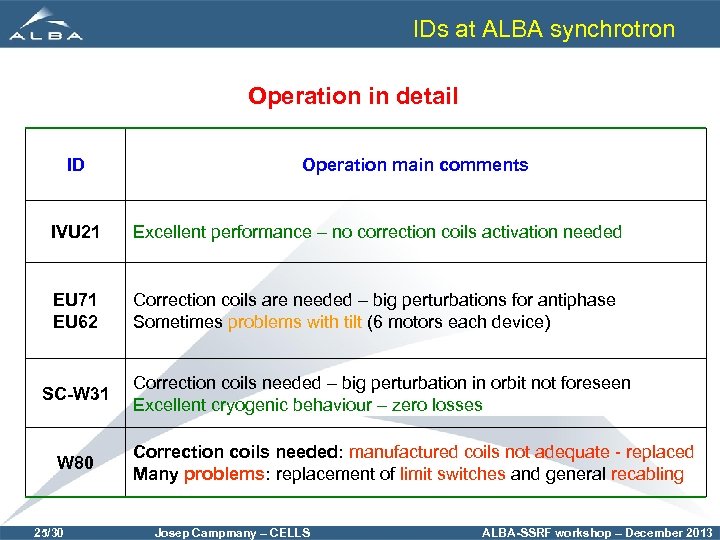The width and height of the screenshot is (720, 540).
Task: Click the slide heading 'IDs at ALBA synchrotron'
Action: pyautogui.click(x=544, y=29)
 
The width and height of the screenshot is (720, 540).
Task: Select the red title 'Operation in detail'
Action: pyautogui.click(x=353, y=97)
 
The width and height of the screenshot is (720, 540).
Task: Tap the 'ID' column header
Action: pyautogui.click(x=75, y=165)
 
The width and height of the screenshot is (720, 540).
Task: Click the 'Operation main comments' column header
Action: pyautogui.click(x=415, y=165)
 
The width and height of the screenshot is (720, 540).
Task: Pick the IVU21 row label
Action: pyautogui.click(x=75, y=232)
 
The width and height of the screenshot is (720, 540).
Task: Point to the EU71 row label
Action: pyautogui.click(x=75, y=300)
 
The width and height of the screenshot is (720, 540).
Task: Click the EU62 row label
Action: pyautogui.click(x=75, y=321)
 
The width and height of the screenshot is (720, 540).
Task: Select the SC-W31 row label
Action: pyautogui.click(x=75, y=394)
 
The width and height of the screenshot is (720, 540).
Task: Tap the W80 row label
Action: pyautogui.click(x=75, y=463)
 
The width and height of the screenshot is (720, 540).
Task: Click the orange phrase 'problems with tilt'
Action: pyautogui.click(x=294, y=321)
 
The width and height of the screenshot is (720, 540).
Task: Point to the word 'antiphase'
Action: pyautogui.click(x=579, y=300)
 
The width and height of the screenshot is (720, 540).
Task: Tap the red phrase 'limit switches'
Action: pyautogui.click(x=452, y=474)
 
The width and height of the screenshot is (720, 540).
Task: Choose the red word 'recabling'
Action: pyautogui.click(x=647, y=474)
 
